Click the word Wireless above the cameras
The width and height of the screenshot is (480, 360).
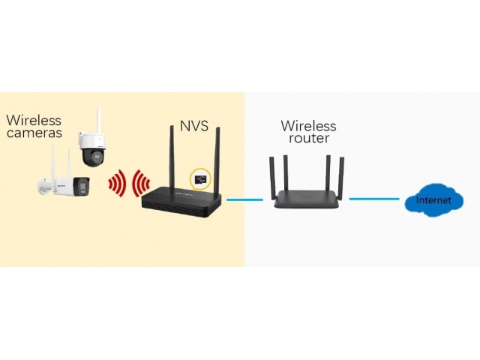coord(34,119)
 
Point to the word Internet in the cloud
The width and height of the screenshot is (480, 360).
coord(434,202)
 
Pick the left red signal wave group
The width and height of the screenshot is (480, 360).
coord(115,184)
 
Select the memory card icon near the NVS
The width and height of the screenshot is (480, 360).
coord(198,178)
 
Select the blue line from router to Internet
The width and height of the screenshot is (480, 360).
coord(372,199)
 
